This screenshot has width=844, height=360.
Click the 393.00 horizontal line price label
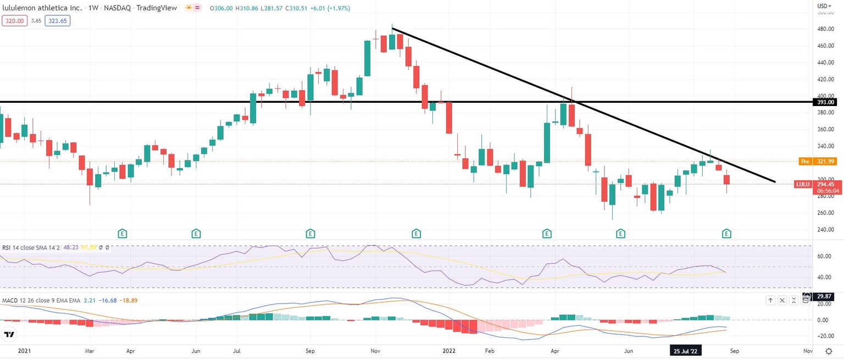pos(826,102)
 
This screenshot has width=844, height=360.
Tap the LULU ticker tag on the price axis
pos(802,184)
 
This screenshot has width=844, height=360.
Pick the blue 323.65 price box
pos(58,21)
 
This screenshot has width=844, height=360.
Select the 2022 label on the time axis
pos(449,350)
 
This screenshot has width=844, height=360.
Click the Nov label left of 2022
pos(376,350)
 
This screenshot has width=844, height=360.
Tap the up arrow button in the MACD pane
pos(770,300)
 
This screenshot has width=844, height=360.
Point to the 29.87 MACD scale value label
pos(825,297)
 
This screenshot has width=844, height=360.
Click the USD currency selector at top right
pos(823,6)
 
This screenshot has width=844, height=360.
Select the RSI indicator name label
pos(7,248)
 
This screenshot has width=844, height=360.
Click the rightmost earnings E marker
pos(726,233)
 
